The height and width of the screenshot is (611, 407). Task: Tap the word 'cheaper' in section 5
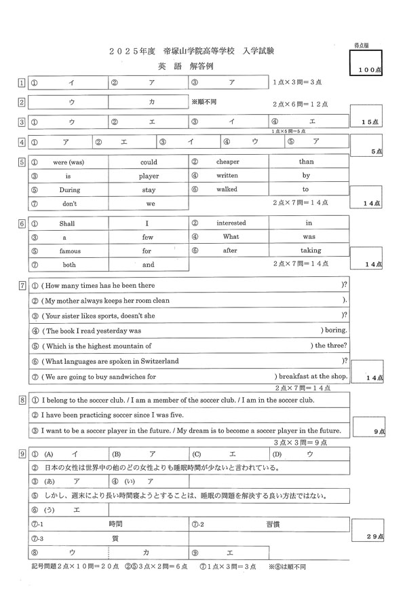point(228,162)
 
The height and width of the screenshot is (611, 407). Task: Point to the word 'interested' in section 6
point(231,223)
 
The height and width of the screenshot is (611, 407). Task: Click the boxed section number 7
point(22,285)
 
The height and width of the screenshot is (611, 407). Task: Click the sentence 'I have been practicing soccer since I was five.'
point(112,415)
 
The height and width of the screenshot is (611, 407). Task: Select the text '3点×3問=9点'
point(294,442)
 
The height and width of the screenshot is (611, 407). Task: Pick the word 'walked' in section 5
point(227,190)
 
